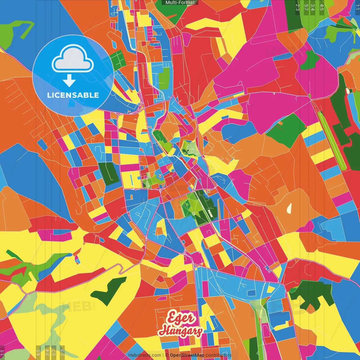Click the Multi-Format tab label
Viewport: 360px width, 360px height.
180,3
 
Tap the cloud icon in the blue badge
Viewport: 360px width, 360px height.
73,59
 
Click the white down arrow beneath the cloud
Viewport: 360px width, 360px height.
69,81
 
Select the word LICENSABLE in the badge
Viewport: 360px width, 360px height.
73,95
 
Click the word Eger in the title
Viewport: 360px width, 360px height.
181,318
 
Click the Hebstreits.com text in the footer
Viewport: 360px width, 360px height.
145,355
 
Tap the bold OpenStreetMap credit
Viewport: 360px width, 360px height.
187,355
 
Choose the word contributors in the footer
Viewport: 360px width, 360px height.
219,355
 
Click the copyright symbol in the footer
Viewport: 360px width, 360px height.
167,355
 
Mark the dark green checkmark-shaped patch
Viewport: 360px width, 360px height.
108,291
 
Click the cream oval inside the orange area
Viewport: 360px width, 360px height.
289,208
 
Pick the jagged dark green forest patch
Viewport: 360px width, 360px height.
312,295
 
